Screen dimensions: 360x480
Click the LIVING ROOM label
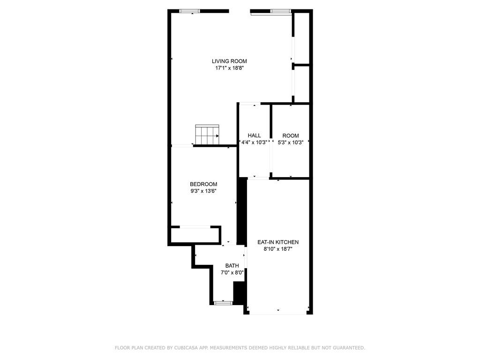pyautogui.click(x=229, y=61)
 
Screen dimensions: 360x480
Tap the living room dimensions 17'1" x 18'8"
pyautogui.click(x=229, y=68)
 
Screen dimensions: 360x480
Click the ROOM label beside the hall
pyautogui.click(x=291, y=135)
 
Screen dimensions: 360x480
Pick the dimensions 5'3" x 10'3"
pyautogui.click(x=291, y=142)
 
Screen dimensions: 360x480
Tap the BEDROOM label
pyautogui.click(x=203, y=184)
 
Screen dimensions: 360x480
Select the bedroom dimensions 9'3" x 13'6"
pyautogui.click(x=203, y=191)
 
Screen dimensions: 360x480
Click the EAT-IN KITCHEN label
pyautogui.click(x=278, y=242)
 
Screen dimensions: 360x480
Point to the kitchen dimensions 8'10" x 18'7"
pyautogui.click(x=278, y=249)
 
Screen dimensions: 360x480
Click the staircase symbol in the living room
pyautogui.click(x=207, y=135)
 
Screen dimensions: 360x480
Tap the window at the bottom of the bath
pyautogui.click(x=223, y=303)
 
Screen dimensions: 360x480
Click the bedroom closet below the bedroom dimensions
pyautogui.click(x=195, y=234)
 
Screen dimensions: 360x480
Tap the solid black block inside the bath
pyautogui.click(x=239, y=293)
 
